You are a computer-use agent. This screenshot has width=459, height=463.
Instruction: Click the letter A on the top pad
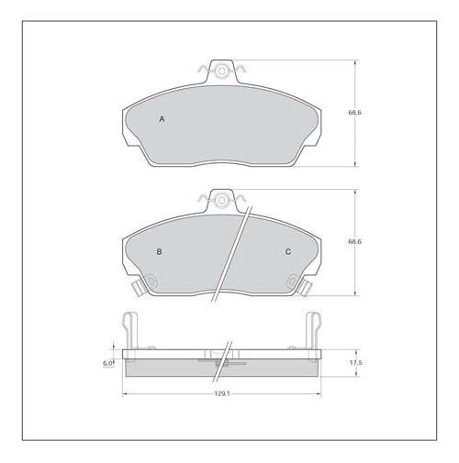coord(162,119)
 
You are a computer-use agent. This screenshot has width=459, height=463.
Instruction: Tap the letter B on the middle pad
coord(159,252)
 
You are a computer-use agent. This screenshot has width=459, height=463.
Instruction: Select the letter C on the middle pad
coord(288,252)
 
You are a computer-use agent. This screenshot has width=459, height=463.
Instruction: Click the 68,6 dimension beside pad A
coord(354,113)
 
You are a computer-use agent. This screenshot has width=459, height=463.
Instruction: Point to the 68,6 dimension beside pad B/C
coord(354,242)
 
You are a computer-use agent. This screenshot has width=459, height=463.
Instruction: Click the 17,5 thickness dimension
coord(356,363)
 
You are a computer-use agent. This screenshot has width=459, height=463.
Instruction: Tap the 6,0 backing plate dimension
coord(107,363)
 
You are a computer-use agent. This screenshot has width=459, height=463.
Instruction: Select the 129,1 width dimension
coord(222,394)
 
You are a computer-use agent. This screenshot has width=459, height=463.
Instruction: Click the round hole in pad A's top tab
coord(222,72)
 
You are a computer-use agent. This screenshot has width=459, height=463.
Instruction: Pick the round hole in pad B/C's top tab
coord(222,201)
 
